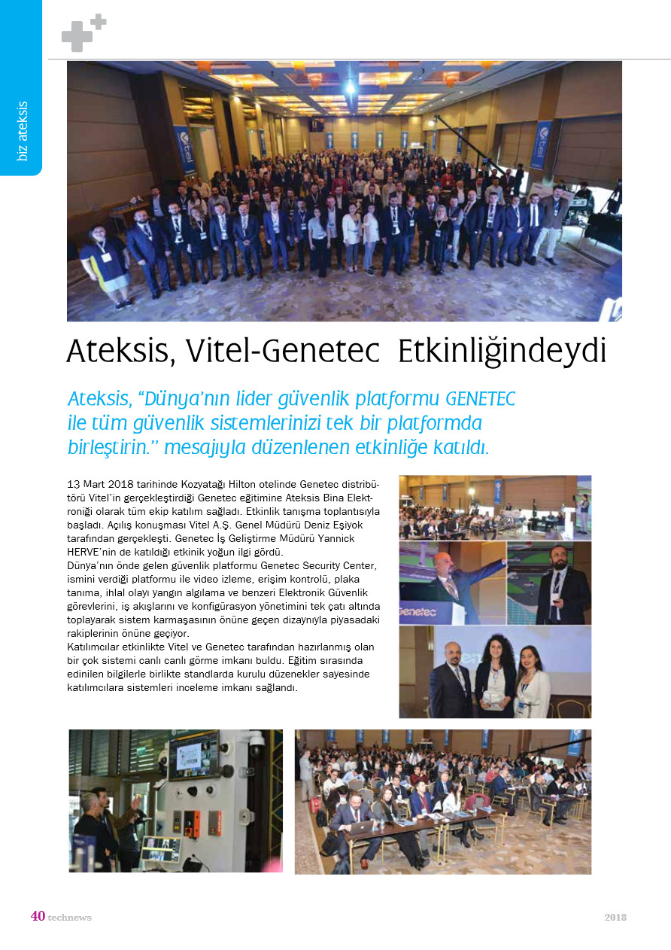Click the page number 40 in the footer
point(38,916)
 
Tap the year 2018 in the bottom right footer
point(615,917)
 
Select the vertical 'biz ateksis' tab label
point(23,131)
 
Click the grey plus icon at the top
point(83,34)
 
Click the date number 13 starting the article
point(74,483)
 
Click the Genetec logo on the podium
point(418,612)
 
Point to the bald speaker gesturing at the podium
point(449,580)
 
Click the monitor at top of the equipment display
point(193,754)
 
